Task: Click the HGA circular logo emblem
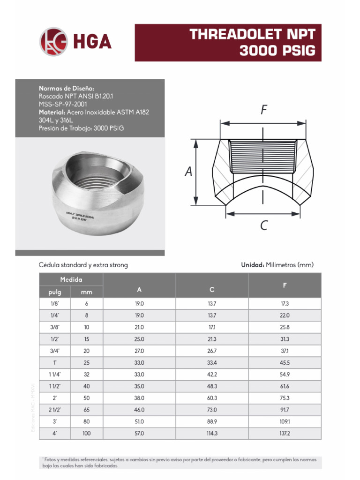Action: click(53, 42)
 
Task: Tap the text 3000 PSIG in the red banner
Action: click(277, 51)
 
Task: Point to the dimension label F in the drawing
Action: click(264, 110)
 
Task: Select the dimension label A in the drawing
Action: click(188, 172)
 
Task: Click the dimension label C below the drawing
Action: click(263, 226)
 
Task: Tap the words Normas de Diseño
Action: click(67, 88)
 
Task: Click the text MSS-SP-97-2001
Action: click(63, 104)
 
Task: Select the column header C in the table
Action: click(212, 291)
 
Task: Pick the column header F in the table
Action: click(285, 285)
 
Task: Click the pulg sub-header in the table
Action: click(54, 292)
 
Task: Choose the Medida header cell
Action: click(71, 279)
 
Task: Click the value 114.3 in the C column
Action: click(212, 434)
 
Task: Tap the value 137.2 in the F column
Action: click(285, 434)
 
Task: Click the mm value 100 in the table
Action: click(86, 434)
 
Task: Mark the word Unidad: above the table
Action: click(252, 265)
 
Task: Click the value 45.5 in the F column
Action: click(285, 363)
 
